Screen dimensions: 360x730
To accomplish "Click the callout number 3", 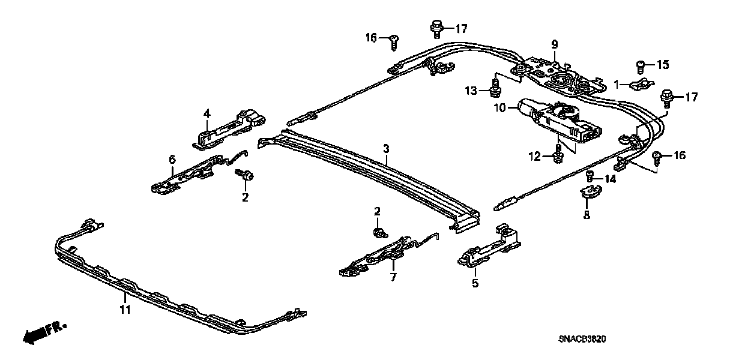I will point(387,148).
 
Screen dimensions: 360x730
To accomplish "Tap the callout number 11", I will point(124,310).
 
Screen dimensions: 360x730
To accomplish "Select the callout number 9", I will point(554,44).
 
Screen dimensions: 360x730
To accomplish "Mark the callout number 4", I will point(207,113).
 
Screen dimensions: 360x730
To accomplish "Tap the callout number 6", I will point(172,159).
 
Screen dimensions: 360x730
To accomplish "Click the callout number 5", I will point(475,283).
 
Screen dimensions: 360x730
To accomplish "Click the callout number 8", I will point(587,214).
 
